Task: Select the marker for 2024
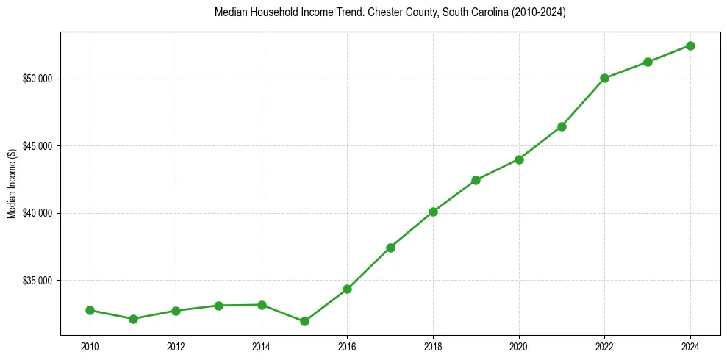pos(690,46)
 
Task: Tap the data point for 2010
pos(90,310)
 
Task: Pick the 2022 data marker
pos(604,78)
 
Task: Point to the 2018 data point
pos(433,212)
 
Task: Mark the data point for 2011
pos(133,319)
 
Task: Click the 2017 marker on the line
pos(390,248)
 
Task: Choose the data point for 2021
pos(562,126)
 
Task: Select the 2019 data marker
pos(476,180)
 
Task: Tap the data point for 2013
pos(218,305)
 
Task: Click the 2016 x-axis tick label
pos(347,346)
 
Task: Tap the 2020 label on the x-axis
pos(519,346)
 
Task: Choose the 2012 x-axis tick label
pos(176,346)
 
